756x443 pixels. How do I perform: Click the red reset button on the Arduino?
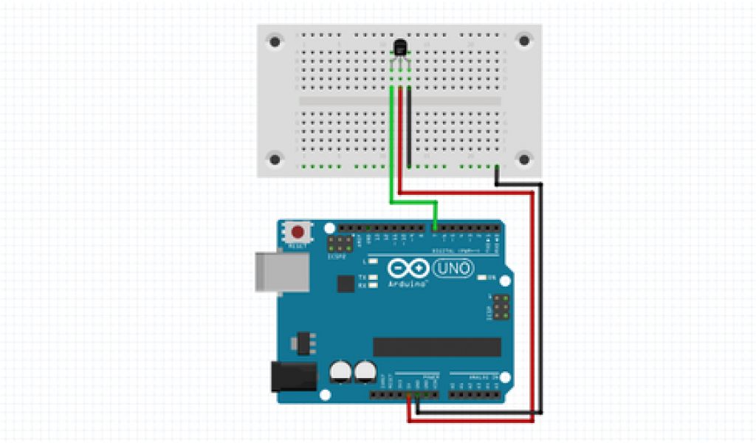click(x=298, y=230)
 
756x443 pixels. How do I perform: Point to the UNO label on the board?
click(x=453, y=269)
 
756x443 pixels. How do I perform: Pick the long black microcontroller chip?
click(x=436, y=346)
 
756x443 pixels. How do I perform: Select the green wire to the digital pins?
click(x=392, y=148)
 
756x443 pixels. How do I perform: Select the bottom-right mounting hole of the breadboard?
click(x=523, y=159)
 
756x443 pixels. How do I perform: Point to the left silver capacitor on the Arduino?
click(x=340, y=372)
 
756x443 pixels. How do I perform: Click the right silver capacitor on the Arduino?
click(x=363, y=372)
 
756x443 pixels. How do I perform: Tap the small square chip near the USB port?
click(x=346, y=284)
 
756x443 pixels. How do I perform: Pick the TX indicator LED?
click(x=374, y=277)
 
